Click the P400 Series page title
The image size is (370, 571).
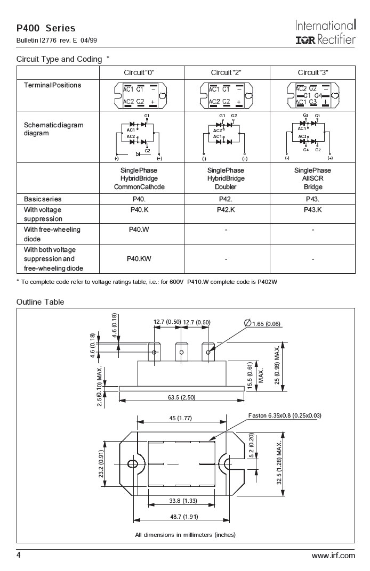pos(46,28)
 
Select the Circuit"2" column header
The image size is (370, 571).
pos(227,72)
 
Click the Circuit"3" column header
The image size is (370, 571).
pos(312,72)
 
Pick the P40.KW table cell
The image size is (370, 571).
pos(139,259)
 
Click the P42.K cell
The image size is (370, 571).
pos(227,209)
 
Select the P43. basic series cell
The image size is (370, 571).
pos(312,199)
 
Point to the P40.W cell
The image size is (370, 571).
pos(139,230)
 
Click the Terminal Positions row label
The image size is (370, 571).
pos(52,85)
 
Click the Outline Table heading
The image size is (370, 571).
pos(40,302)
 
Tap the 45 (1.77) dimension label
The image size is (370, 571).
pos(180,418)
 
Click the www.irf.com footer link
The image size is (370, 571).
pos(333,556)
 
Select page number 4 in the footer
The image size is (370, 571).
pos(19,556)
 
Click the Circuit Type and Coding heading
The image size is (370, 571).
pos(59,59)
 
